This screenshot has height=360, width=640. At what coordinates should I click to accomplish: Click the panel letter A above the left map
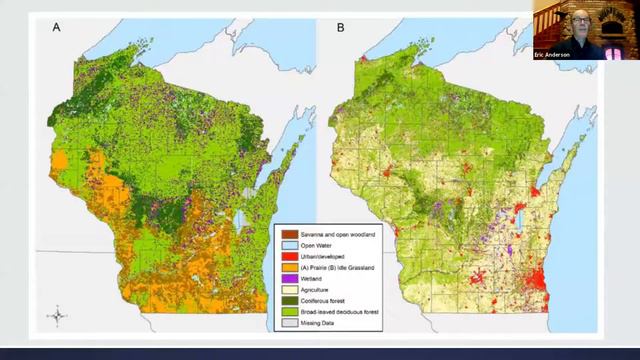(x=56, y=29)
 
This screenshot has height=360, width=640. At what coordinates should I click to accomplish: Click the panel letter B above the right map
(x=340, y=29)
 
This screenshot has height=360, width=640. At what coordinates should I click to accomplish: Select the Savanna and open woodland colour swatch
(x=283, y=231)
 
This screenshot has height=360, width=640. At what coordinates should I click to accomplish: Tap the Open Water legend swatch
(x=283, y=243)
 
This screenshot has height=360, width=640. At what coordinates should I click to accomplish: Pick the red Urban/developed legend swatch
(x=283, y=256)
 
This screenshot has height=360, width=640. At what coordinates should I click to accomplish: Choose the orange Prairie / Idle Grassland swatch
(x=283, y=268)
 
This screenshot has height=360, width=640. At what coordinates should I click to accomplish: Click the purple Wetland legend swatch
(x=283, y=280)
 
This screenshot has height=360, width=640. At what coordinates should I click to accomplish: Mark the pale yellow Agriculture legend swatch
(x=283, y=292)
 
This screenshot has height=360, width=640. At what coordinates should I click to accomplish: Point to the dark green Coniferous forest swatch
(x=283, y=304)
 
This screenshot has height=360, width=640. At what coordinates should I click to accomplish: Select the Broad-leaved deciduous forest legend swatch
(x=283, y=316)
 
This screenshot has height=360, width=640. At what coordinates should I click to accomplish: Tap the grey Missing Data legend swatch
(x=283, y=328)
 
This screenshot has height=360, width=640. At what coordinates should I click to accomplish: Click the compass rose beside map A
(x=58, y=317)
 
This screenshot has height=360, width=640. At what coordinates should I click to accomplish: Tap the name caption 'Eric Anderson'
(x=556, y=53)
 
